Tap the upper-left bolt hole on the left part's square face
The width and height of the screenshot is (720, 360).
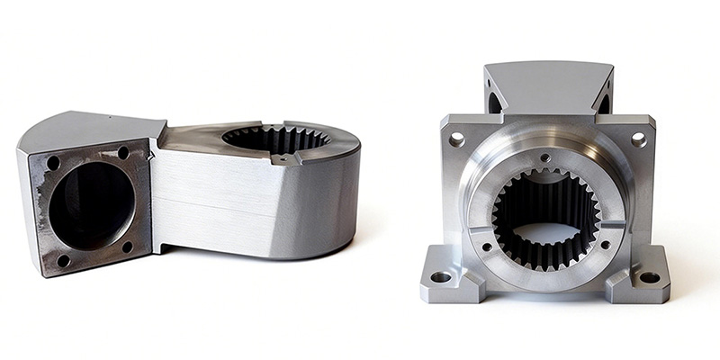click(x=53, y=164)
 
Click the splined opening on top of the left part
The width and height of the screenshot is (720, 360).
click(x=275, y=139)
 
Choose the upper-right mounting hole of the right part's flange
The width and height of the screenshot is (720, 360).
click(x=638, y=139)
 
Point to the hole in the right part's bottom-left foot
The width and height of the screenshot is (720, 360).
click(x=441, y=277)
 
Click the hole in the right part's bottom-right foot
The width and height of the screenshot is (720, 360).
click(x=649, y=277)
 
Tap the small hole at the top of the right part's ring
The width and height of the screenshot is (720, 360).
click(x=545, y=157)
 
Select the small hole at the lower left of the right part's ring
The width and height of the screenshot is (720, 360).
click(x=487, y=246)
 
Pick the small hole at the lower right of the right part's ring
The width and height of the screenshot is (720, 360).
click(x=604, y=244)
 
